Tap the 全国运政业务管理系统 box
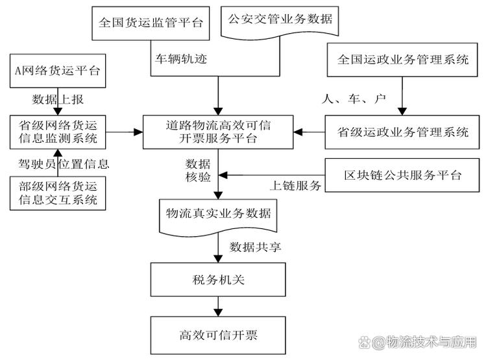403,60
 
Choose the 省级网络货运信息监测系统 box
58,132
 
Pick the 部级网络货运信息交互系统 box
58,193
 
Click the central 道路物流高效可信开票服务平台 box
217,132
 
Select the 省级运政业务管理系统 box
403,132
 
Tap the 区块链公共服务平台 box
403,176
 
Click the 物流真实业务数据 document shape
217,214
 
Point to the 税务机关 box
217,280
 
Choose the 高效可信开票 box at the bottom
217,335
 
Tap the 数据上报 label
58,99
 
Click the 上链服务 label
295,186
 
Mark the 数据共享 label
255,247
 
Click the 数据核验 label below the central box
197,169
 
